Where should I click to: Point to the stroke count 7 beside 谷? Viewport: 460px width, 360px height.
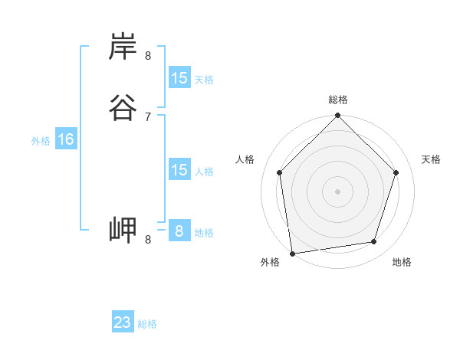[x=148, y=116]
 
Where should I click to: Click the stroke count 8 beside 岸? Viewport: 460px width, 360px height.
[x=148, y=55]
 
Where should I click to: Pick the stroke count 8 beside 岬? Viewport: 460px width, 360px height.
[x=148, y=239]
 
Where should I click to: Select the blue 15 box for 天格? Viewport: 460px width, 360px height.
[x=179, y=78]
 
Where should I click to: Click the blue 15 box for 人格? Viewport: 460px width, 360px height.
[x=179, y=170]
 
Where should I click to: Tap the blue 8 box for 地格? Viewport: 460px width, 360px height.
[x=179, y=231]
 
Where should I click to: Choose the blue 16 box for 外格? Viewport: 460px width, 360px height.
[x=65, y=139]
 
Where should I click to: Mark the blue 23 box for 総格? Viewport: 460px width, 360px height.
[x=123, y=322]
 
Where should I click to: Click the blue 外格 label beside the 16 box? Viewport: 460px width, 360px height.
[x=41, y=141]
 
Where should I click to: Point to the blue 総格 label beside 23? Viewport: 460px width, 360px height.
[x=147, y=324]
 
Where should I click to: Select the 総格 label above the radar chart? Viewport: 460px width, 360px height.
[x=337, y=100]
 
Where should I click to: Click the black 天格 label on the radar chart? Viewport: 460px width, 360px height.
[x=431, y=159]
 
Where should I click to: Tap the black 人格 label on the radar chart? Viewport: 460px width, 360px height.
[x=245, y=159]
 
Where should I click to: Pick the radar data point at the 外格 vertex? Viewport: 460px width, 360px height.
[x=292, y=253]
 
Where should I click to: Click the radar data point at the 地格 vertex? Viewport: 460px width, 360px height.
[x=374, y=242]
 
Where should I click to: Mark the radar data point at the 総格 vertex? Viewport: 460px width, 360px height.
[x=337, y=116]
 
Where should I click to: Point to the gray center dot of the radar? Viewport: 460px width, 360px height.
[x=337, y=191]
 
